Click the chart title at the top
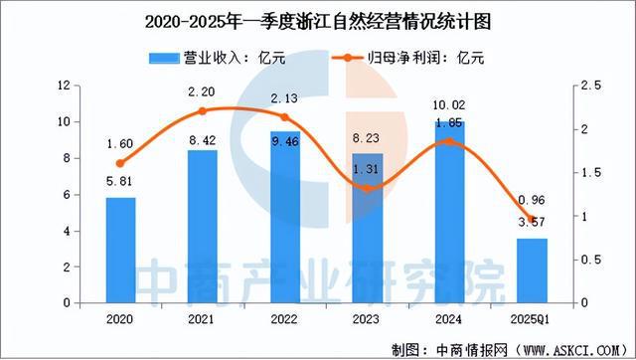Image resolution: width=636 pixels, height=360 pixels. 318,19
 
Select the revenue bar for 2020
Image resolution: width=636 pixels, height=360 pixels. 120,250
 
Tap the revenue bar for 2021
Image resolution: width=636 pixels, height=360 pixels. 202,227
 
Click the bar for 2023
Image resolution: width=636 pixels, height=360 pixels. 366,228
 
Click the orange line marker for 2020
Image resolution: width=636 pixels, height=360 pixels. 120,163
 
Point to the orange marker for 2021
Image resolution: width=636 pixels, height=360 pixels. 202,111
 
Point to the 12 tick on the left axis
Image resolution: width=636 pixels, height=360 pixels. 62,87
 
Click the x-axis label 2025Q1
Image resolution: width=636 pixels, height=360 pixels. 529,321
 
